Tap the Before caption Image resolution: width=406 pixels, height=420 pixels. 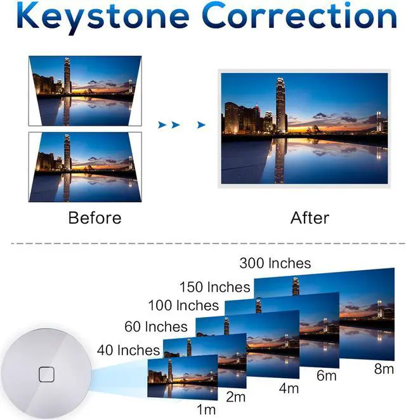(x=95, y=218)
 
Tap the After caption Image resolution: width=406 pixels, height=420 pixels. (x=310, y=218)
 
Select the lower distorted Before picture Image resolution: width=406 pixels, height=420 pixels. (x=84, y=166)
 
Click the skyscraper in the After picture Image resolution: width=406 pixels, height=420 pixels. (x=280, y=105)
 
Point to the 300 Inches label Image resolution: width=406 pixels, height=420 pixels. (x=275, y=263)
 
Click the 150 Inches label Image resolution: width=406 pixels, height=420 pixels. (x=216, y=287)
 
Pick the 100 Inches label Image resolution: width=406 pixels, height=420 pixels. (x=183, y=306)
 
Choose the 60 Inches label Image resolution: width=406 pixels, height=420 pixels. (x=156, y=327)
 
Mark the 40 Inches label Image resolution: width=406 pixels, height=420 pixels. (x=128, y=350)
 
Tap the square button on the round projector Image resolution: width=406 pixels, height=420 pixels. (x=47, y=374)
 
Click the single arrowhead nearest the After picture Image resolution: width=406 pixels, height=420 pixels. (x=201, y=125)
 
